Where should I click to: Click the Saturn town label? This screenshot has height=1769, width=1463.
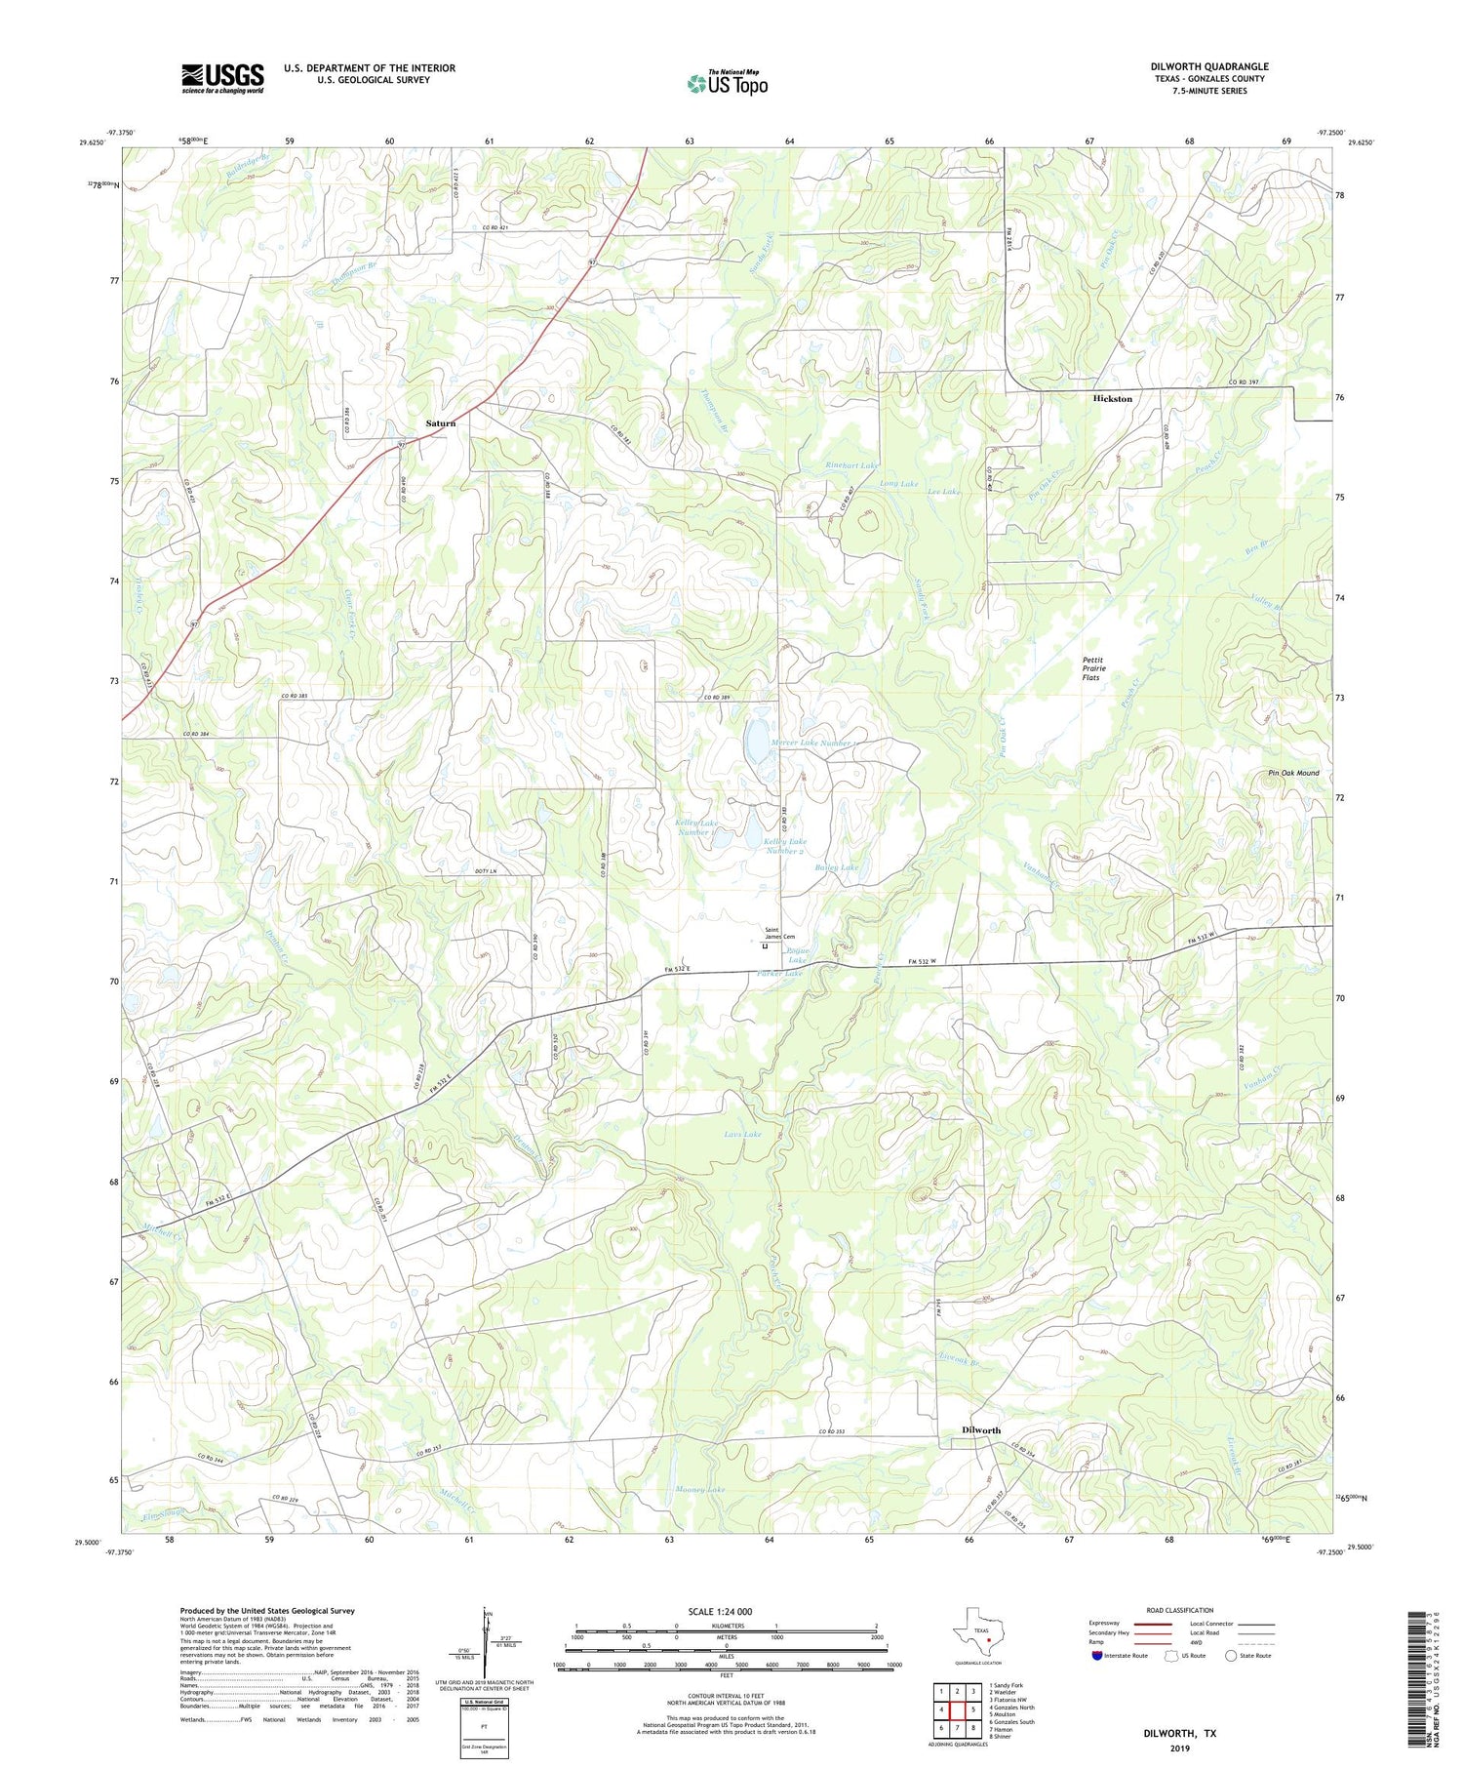[440, 423]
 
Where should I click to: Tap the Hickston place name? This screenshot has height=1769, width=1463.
[1113, 399]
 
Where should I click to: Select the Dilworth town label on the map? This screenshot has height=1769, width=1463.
[981, 1429]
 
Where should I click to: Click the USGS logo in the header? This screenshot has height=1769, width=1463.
[222, 78]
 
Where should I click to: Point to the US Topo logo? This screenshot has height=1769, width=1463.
[727, 83]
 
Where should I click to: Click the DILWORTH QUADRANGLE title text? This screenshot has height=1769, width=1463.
[1208, 66]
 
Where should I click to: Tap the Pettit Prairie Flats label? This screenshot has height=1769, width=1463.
[1091, 668]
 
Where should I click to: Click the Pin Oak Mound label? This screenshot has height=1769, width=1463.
[1293, 773]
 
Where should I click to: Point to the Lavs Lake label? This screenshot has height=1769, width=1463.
[742, 1135]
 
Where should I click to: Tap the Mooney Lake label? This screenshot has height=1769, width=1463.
[700, 1490]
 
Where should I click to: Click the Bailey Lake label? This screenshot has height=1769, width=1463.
[836, 867]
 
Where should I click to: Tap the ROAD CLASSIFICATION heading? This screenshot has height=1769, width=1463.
[1179, 1610]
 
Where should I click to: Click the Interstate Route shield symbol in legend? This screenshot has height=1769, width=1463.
[1097, 1655]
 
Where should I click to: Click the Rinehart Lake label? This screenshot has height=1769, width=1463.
[851, 465]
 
